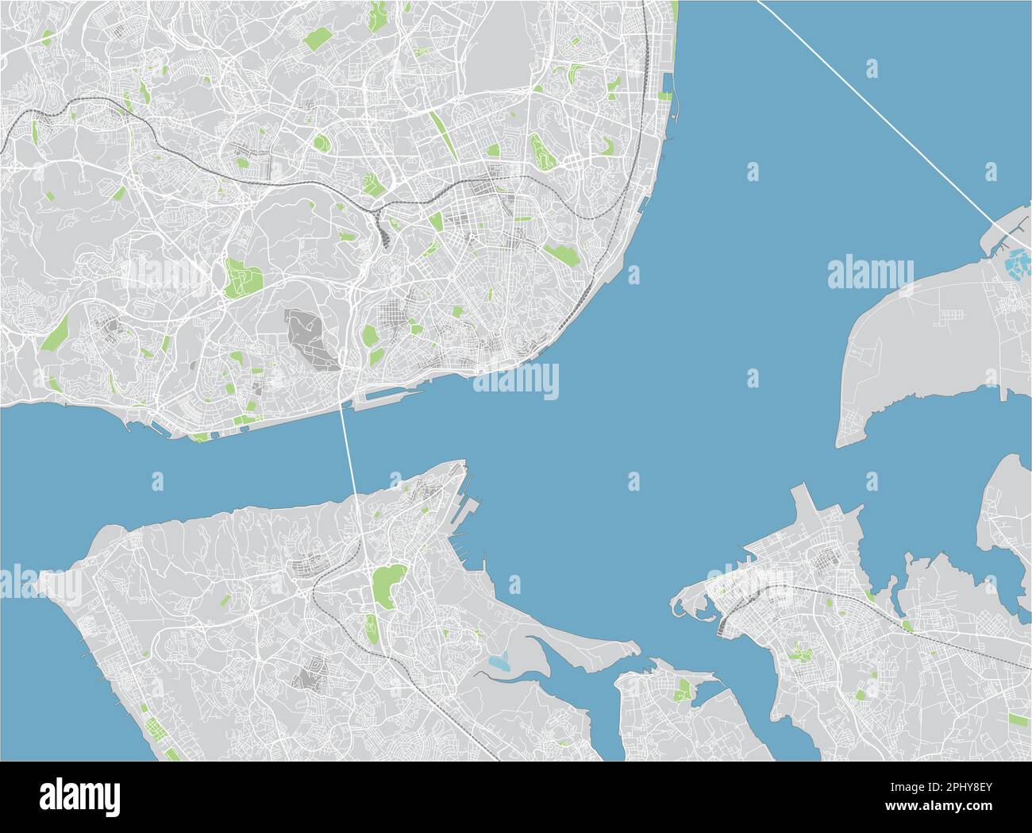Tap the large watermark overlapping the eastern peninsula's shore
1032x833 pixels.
tap(870, 273)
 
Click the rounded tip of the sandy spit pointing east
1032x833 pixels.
tap(634, 646)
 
